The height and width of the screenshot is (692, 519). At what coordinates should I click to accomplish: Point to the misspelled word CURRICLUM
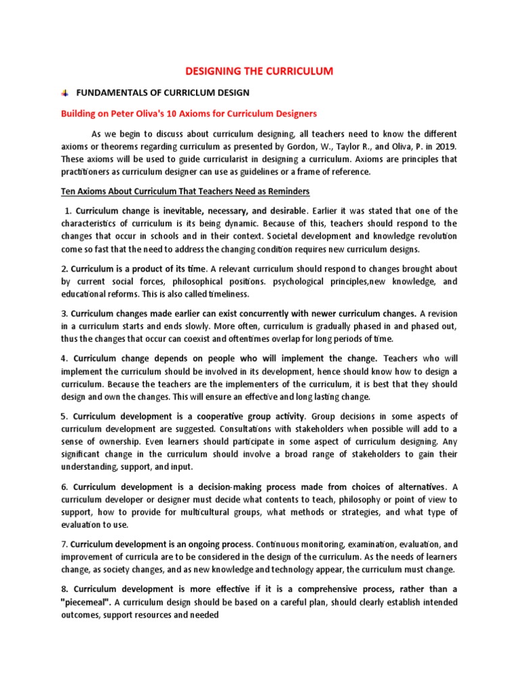[x=187, y=92]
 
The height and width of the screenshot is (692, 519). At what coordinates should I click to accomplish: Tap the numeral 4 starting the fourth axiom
[x=64, y=358]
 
